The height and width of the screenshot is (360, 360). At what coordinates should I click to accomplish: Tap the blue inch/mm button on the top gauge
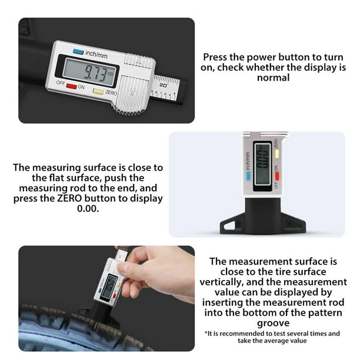tap(78, 52)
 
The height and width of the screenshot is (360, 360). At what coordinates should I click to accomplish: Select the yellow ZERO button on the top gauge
tap(98, 91)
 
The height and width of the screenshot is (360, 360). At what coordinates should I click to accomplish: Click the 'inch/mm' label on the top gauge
tap(95, 54)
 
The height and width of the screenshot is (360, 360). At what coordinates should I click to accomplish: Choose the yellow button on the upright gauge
tap(276, 155)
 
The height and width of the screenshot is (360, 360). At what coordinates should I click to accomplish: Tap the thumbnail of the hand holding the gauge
tap(106, 298)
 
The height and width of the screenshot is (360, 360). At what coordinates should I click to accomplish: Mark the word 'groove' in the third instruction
tap(274, 323)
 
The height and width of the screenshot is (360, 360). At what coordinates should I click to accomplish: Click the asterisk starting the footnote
tap(206, 334)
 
